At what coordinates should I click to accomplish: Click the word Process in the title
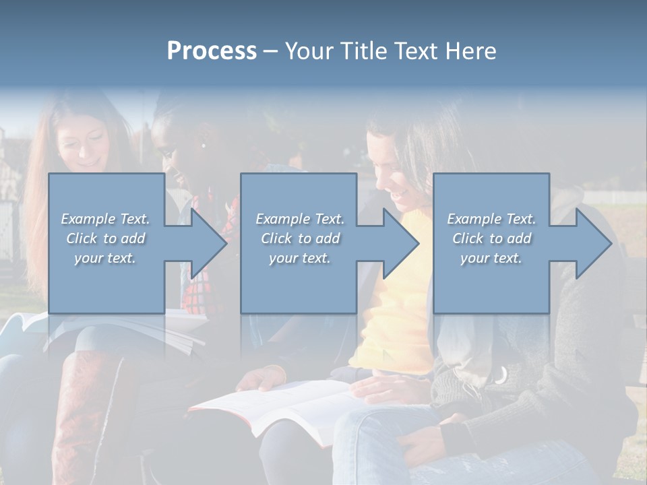click(212, 51)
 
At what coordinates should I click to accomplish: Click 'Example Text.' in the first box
click(105, 219)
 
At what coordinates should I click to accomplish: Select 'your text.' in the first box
click(105, 258)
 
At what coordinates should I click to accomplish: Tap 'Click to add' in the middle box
click(300, 238)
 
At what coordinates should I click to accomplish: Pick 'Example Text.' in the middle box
click(300, 219)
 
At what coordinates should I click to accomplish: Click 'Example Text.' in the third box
click(491, 219)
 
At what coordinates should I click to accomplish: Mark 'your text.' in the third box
click(491, 258)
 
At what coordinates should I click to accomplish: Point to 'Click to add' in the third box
click(491, 238)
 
